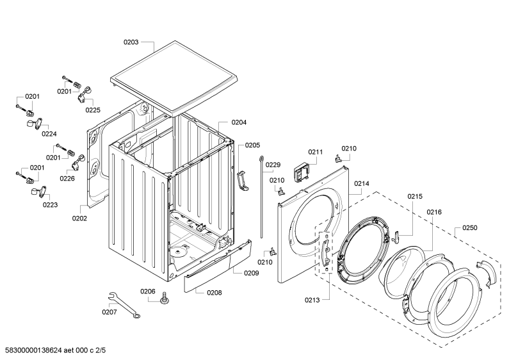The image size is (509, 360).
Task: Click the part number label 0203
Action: click(x=131, y=42)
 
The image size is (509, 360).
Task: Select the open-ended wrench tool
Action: click(x=124, y=304)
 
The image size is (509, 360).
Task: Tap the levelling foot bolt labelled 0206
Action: click(x=165, y=297)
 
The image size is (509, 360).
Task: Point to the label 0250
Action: click(x=470, y=227)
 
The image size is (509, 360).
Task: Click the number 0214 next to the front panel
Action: click(x=362, y=183)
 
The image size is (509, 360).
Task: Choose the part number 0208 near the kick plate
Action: click(x=214, y=293)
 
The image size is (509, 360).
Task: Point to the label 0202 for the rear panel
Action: click(x=79, y=218)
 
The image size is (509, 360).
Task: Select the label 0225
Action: click(x=93, y=110)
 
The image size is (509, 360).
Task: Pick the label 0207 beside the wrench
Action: click(x=109, y=312)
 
